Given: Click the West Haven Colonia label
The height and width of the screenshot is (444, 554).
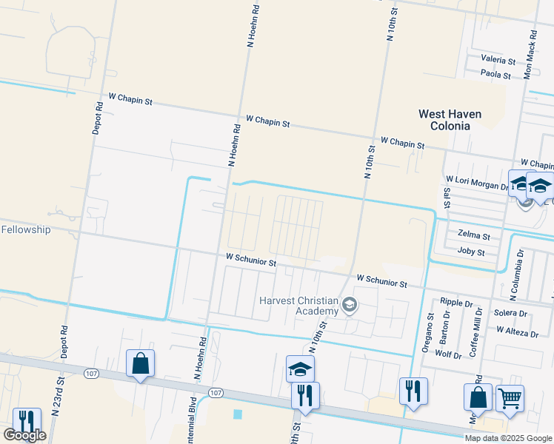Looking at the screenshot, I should coord(450,120).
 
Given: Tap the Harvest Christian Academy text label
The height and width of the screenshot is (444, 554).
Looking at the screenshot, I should coord(298,306).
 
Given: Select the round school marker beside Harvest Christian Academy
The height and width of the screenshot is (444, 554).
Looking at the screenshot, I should coord(350,303).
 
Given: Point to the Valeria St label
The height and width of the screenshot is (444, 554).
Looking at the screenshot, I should coord(498,59).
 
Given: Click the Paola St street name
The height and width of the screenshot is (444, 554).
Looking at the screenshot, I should coord(495,75).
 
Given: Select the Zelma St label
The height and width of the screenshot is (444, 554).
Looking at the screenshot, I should coord(474,235).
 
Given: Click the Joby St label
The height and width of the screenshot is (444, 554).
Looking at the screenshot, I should coord(471,252).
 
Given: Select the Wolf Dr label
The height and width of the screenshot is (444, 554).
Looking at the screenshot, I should coord(449,355).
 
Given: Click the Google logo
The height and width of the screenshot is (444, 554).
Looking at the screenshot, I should coord(24,435).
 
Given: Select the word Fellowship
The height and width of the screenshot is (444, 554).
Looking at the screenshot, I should coord(25,229).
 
